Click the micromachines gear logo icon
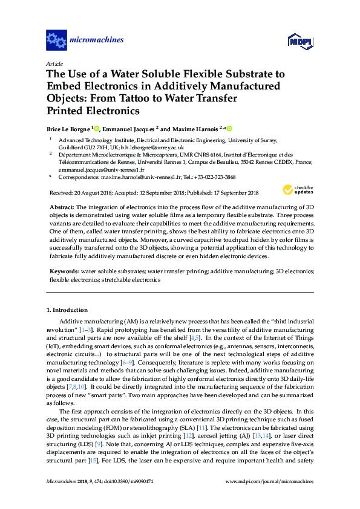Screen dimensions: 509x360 click(x=56, y=41)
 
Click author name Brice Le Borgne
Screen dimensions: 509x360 click(x=68, y=129)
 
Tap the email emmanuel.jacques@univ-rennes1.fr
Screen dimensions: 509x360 click(x=96, y=169)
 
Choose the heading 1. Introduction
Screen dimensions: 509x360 click(x=67, y=310)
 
